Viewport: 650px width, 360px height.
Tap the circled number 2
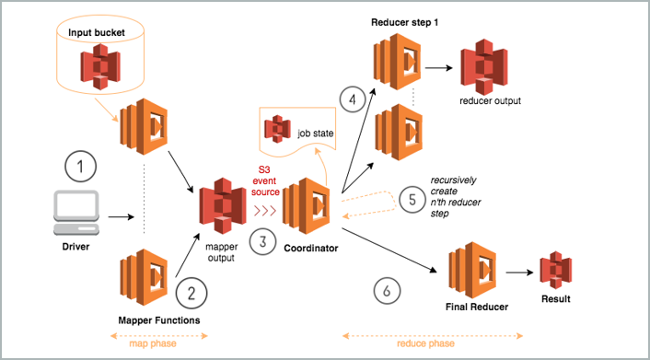pyautogui.click(x=192, y=294)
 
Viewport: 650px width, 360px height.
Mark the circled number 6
pyautogui.click(x=387, y=290)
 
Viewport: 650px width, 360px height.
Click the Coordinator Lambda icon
pyautogui.click(x=306, y=206)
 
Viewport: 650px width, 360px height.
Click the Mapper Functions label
pyautogui.click(x=158, y=319)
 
